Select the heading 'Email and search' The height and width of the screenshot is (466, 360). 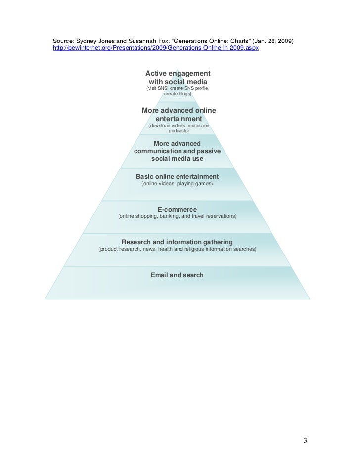[177, 275]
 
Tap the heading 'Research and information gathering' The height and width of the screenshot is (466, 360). [177, 242]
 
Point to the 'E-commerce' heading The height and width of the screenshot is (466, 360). [177, 209]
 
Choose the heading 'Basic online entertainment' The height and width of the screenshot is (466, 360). [177, 176]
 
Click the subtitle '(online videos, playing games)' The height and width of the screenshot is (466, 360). [177, 184]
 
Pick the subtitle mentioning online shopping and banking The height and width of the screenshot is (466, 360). [177, 216]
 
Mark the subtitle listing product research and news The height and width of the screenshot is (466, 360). [177, 249]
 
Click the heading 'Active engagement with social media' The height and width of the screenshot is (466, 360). [178, 77]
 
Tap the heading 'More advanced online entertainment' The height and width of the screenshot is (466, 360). [179, 115]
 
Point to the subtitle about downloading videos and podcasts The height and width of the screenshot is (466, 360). [179, 129]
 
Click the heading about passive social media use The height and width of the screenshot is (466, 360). [177, 152]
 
